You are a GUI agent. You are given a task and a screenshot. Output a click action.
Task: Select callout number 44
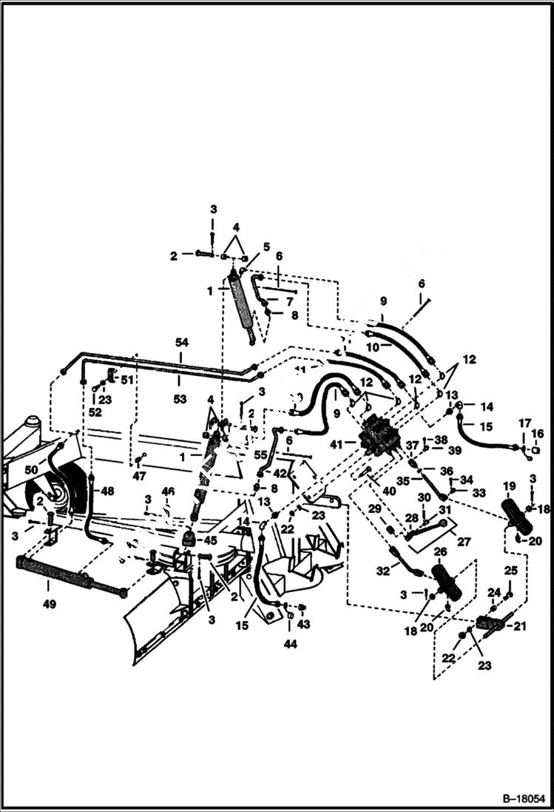point(290,645)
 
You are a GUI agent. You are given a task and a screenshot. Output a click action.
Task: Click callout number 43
point(304,625)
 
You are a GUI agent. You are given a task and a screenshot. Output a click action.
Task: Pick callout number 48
point(108,491)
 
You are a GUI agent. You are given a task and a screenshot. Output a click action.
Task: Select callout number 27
point(464,542)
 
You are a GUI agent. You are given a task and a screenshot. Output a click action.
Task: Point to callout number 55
point(260,457)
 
